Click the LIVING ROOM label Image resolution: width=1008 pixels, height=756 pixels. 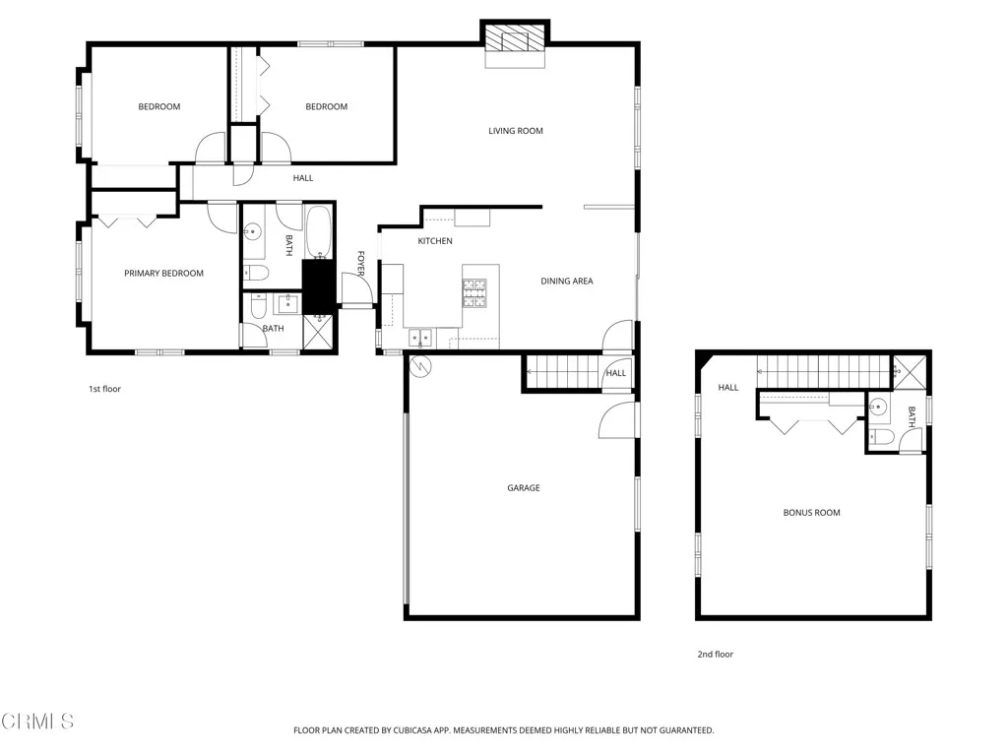(x=516, y=131)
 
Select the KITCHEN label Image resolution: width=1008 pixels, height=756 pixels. (x=435, y=241)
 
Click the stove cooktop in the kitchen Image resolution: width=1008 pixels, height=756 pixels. (x=474, y=293)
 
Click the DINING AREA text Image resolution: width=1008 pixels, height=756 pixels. (x=567, y=282)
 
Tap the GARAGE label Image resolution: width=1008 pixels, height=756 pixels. (x=523, y=488)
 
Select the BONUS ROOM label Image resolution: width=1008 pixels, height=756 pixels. (x=811, y=513)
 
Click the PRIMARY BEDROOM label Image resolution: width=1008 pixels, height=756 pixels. (x=163, y=274)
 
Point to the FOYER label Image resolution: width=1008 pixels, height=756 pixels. (x=360, y=263)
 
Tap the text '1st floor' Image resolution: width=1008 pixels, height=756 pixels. (x=104, y=389)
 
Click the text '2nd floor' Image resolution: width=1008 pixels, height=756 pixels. (x=716, y=655)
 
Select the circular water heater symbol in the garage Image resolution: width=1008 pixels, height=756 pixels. (x=420, y=366)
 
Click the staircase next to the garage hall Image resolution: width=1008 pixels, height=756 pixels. (x=564, y=373)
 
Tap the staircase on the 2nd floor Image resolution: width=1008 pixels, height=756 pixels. (x=821, y=372)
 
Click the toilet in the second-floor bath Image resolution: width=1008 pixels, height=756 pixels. (x=881, y=437)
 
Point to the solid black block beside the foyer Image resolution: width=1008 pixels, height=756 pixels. (x=318, y=286)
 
